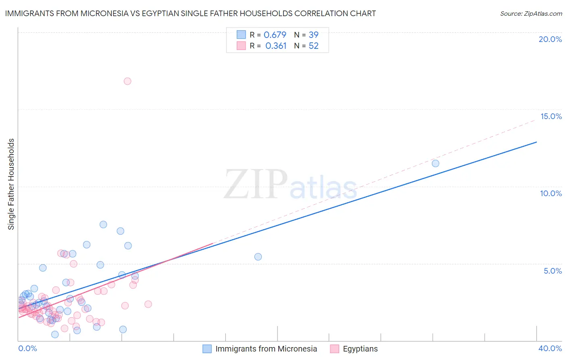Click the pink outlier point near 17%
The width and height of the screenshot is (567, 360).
(127, 81)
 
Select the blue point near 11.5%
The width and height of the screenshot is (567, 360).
(436, 163)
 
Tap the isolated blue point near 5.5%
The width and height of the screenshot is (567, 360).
(258, 257)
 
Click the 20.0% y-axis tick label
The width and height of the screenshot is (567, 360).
(550, 39)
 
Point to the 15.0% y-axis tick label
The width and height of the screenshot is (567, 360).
(551, 116)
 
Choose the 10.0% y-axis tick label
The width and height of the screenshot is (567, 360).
(551, 193)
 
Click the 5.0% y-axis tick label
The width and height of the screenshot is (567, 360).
(552, 271)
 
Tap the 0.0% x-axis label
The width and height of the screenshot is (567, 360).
(27, 348)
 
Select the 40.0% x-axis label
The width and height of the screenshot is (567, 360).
(550, 348)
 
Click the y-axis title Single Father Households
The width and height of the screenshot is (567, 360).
(11, 184)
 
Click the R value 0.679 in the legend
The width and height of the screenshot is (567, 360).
(275, 35)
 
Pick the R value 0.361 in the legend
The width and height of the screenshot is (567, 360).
(276, 46)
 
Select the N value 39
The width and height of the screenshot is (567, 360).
(313, 35)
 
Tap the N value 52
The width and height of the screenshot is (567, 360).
(313, 46)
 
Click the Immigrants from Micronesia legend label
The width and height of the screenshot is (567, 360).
(266, 349)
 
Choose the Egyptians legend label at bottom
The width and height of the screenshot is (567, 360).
(360, 349)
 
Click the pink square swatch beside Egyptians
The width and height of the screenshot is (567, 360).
(334, 349)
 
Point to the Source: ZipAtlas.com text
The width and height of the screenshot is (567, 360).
(531, 14)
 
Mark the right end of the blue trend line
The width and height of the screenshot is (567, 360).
(537, 142)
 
